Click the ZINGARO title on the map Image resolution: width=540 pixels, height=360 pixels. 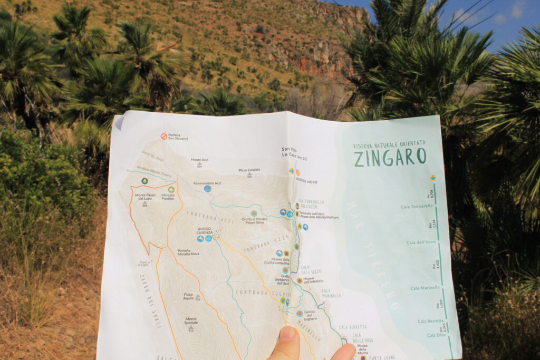tap(390, 157)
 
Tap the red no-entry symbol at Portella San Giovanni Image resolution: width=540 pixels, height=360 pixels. tap(164, 136)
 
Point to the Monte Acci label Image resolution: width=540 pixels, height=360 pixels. tap(199, 160)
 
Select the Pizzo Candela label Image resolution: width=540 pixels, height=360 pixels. tap(249, 170)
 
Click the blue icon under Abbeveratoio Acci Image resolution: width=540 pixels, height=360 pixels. tap(207, 189)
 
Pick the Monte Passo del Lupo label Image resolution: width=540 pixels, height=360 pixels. tap(145, 197)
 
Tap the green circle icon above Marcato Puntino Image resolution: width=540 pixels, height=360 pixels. tap(171, 189)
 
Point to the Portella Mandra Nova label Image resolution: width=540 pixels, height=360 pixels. tap(188, 252)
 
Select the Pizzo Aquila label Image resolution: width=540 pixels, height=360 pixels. tap(188, 296)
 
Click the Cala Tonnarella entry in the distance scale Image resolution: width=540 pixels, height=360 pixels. tap(416, 207)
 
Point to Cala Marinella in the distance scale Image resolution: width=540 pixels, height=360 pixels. tap(425, 288)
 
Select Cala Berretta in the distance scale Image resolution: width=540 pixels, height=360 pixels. tap(430, 321)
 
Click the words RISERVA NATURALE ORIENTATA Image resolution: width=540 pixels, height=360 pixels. tap(389, 143)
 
